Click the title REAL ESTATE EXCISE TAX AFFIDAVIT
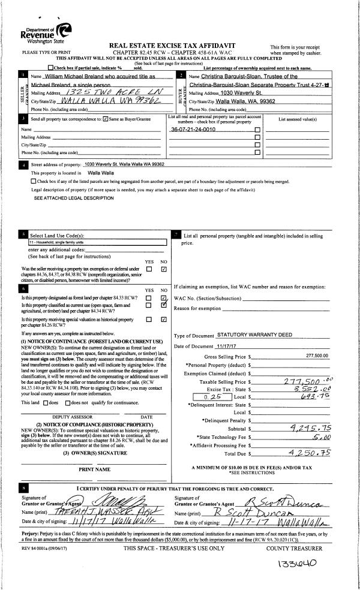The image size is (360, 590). pos(180,46)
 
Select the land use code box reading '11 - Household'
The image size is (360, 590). pos(97,242)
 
